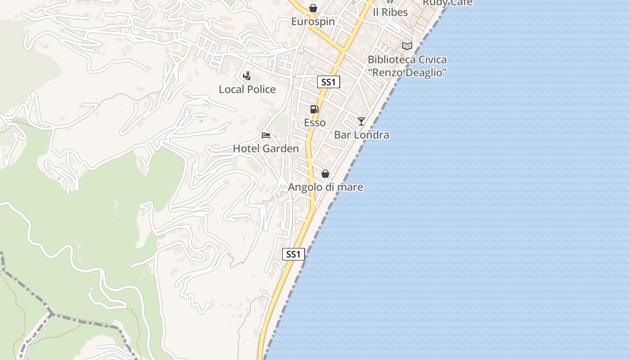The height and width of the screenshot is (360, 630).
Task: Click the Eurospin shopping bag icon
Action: pyautogui.click(x=313, y=8)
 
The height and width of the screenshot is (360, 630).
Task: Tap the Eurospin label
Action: pyautogui.click(x=313, y=21)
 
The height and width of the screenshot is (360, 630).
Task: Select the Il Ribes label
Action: pyautogui.click(x=390, y=12)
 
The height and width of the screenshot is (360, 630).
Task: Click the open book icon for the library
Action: pyautogui.click(x=407, y=46)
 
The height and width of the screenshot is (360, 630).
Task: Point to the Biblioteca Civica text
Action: pyautogui.click(x=407, y=59)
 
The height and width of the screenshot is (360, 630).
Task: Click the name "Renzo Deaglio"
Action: pyautogui.click(x=407, y=72)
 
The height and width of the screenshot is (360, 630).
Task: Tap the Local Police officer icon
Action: pyautogui.click(x=247, y=76)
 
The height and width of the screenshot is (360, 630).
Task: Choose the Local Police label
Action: pyautogui.click(x=247, y=89)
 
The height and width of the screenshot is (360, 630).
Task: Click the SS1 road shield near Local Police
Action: pyautogui.click(x=328, y=82)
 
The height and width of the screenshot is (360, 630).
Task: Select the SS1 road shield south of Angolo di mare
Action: pyautogui.click(x=293, y=254)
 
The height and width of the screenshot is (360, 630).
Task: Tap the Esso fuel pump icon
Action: pyautogui.click(x=314, y=109)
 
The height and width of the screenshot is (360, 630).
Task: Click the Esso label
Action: pyautogui.click(x=315, y=122)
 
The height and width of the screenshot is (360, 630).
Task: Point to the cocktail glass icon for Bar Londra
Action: pyautogui.click(x=361, y=121)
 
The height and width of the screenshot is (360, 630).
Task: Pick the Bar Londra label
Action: pyautogui.click(x=361, y=135)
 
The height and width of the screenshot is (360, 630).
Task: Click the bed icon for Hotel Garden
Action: pyautogui.click(x=266, y=135)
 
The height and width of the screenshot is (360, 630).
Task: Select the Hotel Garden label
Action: pyautogui.click(x=265, y=148)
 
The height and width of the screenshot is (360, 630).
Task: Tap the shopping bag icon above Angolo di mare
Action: pyautogui.click(x=325, y=174)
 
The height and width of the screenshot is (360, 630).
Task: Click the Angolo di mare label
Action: pyautogui.click(x=325, y=187)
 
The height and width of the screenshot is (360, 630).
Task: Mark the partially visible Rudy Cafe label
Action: pyautogui.click(x=447, y=3)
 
